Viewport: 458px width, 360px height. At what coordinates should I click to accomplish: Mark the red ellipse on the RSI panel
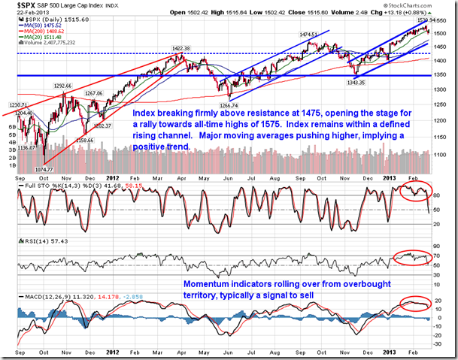click(x=413, y=256)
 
